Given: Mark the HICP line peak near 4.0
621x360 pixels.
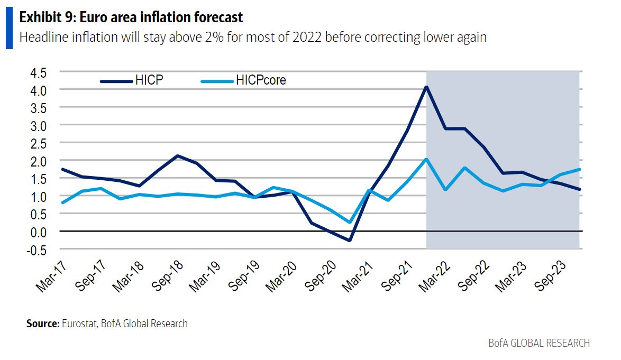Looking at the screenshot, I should pos(426,87).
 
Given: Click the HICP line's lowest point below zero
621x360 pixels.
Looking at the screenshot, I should pos(350,241).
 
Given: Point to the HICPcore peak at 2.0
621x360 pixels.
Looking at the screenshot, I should pos(426,159).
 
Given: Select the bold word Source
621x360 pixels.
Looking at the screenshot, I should pos(42,323).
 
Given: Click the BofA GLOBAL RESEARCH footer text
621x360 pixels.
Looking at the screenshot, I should pos(539,343).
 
